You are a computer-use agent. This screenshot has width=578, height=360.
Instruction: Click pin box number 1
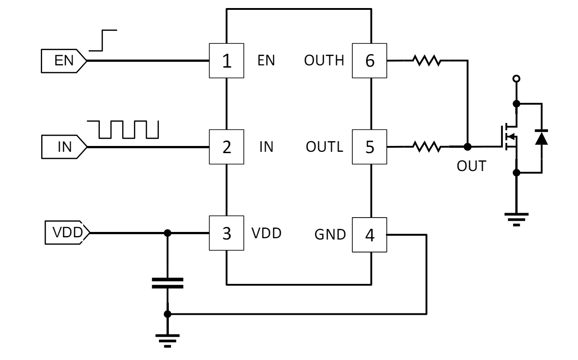[x=227, y=60]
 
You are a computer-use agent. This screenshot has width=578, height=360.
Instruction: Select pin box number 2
[x=227, y=147]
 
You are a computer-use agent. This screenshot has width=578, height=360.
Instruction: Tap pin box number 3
[x=227, y=233]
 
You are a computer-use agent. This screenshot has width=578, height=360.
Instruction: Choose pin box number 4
[x=370, y=234]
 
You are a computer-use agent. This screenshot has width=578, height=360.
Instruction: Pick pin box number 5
[x=370, y=147]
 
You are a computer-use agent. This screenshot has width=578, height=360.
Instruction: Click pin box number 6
[x=370, y=60]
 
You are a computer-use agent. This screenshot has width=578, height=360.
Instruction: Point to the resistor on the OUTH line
[x=427, y=60]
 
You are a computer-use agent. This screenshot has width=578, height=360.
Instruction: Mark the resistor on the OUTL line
[x=427, y=146]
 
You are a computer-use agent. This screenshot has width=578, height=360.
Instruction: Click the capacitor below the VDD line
[x=167, y=283]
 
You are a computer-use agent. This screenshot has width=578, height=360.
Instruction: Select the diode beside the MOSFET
[x=542, y=137]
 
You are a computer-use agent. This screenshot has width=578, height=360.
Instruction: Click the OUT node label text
[x=471, y=166]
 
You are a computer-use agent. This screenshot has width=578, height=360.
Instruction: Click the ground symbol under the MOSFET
[x=517, y=218]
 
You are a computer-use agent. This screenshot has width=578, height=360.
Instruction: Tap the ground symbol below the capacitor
[x=167, y=340]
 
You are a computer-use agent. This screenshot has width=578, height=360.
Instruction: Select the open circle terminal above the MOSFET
[x=517, y=79]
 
